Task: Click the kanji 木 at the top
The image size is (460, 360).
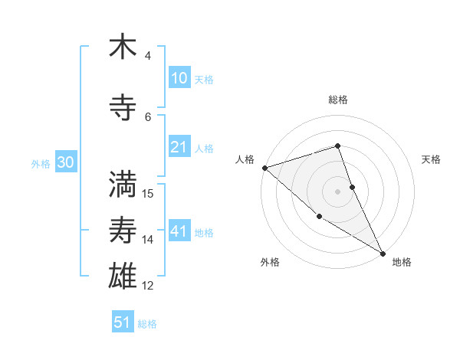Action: (x=123, y=47)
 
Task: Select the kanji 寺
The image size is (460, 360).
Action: (x=123, y=109)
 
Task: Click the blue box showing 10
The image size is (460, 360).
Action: (x=179, y=78)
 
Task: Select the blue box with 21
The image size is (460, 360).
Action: (x=179, y=147)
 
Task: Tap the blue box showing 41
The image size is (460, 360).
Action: (x=179, y=231)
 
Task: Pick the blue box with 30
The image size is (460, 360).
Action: (x=65, y=162)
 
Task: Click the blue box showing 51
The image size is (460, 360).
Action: (x=123, y=322)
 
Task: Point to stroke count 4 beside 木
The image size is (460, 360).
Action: (x=148, y=56)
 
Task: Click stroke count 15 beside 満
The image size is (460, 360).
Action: (x=148, y=193)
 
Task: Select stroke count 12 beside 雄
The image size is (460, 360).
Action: (x=148, y=286)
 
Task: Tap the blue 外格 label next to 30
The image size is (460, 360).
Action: (x=41, y=163)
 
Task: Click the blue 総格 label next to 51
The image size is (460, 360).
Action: (x=147, y=324)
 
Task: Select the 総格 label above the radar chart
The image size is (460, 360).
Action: (x=337, y=100)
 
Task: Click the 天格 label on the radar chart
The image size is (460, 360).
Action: (x=431, y=159)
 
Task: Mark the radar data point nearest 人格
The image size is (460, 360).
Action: (x=264, y=167)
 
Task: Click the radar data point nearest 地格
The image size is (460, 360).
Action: (x=383, y=253)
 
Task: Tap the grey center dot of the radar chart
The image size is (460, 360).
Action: (x=337, y=191)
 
